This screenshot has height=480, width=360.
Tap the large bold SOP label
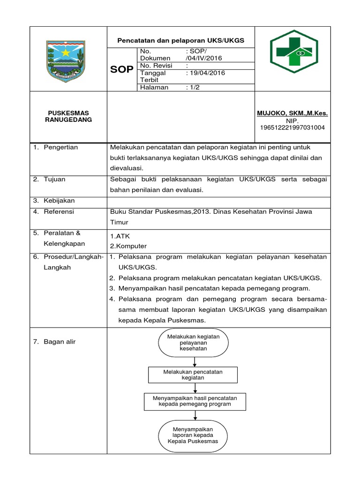point(121,70)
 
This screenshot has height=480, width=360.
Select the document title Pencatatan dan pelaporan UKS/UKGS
point(180,41)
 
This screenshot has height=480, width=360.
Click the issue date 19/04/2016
point(205,73)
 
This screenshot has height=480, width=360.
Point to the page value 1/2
point(193,87)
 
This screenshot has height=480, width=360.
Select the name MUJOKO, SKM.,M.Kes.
point(292,113)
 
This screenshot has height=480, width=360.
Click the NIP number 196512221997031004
point(292,127)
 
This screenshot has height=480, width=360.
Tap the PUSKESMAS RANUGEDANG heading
point(68,116)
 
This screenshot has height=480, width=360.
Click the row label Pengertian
point(60,147)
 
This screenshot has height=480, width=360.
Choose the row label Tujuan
point(54,179)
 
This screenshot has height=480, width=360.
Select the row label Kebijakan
point(59,201)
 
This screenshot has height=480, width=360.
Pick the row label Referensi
point(59,211)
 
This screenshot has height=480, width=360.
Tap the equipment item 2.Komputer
point(128,246)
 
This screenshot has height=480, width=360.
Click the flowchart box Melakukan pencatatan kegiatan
point(193,375)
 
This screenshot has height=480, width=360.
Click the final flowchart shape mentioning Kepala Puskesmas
point(193,435)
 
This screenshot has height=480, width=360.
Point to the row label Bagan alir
point(60,342)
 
